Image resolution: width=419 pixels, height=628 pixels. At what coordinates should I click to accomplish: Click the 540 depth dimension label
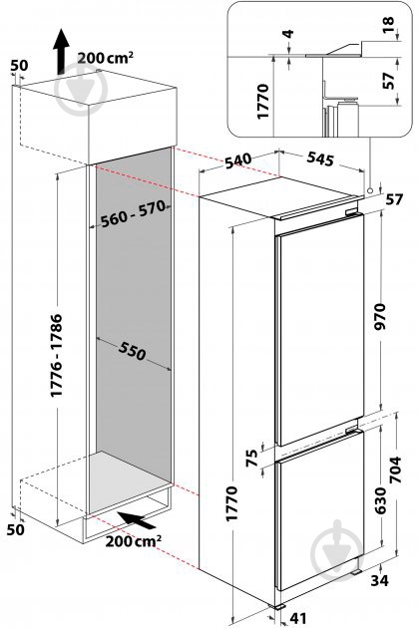pyautogui.click(x=238, y=160)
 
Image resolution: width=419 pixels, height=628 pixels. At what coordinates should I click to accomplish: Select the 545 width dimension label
pyautogui.click(x=320, y=158)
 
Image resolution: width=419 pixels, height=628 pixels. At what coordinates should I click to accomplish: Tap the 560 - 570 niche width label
pyautogui.click(x=133, y=213)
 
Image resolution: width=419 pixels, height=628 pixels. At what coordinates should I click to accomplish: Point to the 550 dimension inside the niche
pyautogui.click(x=132, y=352)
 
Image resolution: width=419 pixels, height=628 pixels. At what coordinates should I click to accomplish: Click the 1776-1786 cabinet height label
pyautogui.click(x=57, y=355)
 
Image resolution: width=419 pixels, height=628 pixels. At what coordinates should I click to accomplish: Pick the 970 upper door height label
pyautogui.click(x=379, y=316)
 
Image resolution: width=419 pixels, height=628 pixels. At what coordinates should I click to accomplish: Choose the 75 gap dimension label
pyautogui.click(x=251, y=459)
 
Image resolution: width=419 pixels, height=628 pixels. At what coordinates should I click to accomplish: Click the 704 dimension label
pyautogui.click(x=395, y=470)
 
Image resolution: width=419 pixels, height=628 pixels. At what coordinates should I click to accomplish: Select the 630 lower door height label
pyautogui.click(x=379, y=500)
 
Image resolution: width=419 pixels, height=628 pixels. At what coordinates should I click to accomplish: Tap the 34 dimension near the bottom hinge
pyautogui.click(x=379, y=580)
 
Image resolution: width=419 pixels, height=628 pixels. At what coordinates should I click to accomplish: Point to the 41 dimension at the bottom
pyautogui.click(x=298, y=618)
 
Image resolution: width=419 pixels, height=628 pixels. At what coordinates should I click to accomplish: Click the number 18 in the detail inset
pyautogui.click(x=388, y=25)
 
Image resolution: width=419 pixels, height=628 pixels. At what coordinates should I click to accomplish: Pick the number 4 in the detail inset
pyautogui.click(x=288, y=33)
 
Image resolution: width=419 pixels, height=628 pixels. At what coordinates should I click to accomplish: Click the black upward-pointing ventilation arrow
pyautogui.click(x=61, y=51)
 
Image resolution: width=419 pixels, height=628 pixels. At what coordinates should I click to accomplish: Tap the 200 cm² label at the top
pyautogui.click(x=106, y=58)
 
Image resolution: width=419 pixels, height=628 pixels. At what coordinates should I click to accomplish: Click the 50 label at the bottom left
pyautogui.click(x=15, y=529)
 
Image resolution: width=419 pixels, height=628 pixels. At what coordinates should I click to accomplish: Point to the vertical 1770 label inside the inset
pyautogui.click(x=262, y=102)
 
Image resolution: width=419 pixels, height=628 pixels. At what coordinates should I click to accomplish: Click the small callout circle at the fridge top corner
pyautogui.click(x=370, y=191)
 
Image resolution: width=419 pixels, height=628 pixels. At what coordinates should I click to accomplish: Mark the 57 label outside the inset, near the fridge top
pyautogui.click(x=394, y=199)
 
